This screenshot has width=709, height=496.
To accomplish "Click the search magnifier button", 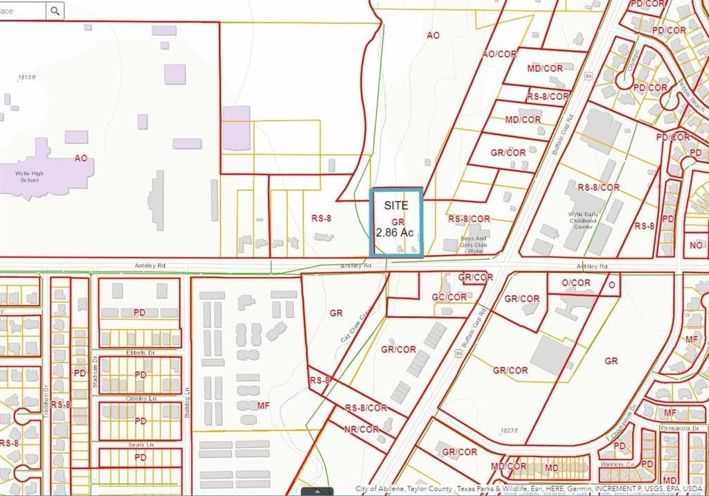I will (x=55, y=10).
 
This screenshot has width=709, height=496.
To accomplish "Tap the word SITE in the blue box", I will (x=396, y=205).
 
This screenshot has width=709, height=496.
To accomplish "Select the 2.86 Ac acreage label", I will (x=395, y=233).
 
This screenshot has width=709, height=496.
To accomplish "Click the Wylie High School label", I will (x=28, y=177).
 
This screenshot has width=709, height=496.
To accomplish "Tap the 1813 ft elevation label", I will (x=28, y=78).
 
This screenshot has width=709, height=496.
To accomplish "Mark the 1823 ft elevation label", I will (x=508, y=430).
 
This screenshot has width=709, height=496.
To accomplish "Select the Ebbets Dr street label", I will (x=141, y=353).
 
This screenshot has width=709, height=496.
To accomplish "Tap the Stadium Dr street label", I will (x=95, y=368).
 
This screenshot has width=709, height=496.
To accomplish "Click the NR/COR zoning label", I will (x=361, y=429).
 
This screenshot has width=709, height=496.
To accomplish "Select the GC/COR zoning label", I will (x=449, y=297).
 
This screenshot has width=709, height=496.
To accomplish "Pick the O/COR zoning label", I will (x=576, y=283).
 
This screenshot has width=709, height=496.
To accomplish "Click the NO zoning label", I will (x=696, y=245).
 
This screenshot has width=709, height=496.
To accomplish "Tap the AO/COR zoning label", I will (x=499, y=53).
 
